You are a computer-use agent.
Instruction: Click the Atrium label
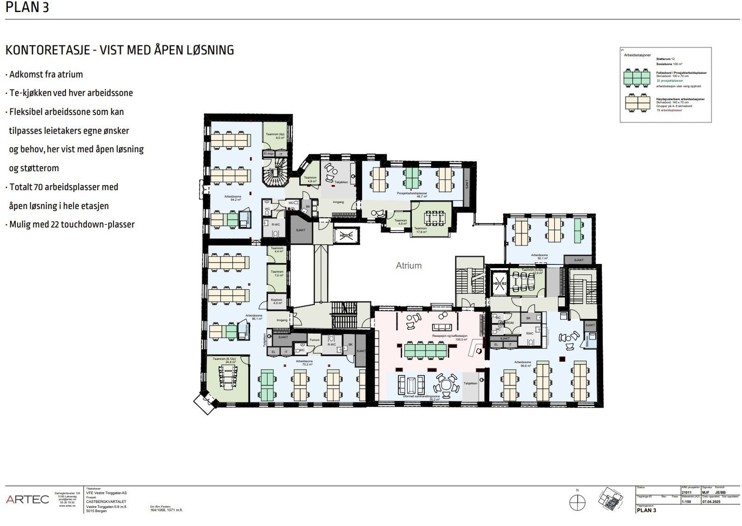click(x=409, y=266)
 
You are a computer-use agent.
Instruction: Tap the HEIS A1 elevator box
click(x=346, y=236)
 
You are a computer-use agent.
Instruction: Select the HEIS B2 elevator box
click(x=499, y=283)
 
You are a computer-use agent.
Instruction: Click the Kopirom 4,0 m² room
click(x=277, y=301)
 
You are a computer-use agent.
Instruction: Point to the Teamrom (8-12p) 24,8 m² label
click(x=224, y=360)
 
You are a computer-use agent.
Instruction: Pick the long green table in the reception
click(x=426, y=350)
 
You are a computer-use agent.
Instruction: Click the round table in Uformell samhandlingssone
click(x=446, y=385)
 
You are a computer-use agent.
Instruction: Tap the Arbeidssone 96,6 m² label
click(x=522, y=363)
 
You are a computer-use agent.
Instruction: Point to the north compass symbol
click(x=577, y=502)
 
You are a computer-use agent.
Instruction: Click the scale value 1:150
click(x=686, y=502)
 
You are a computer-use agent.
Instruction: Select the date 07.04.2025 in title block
click(x=711, y=502)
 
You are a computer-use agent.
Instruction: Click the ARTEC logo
click(x=27, y=500)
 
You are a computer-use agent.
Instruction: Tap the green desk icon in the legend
click(x=638, y=77)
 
